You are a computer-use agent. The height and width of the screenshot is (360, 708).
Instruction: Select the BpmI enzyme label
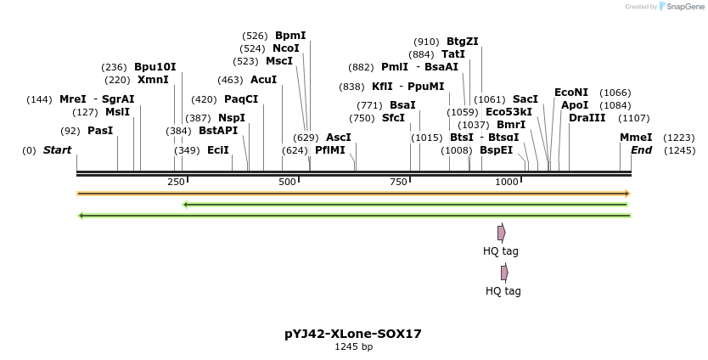point(290,36)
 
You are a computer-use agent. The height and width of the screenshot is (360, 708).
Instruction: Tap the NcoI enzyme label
point(286,48)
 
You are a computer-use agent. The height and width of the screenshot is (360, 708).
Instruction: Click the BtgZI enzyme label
point(463,42)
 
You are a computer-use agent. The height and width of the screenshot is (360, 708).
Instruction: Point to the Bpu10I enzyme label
point(155,67)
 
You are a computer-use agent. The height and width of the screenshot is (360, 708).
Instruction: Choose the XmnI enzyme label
point(153,80)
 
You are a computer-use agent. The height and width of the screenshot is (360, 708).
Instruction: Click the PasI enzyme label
point(100,131)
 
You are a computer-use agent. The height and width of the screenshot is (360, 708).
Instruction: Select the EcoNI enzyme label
point(570,93)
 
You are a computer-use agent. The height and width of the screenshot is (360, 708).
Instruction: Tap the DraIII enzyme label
point(587,118)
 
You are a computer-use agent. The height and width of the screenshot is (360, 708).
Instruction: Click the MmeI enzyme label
point(636,138)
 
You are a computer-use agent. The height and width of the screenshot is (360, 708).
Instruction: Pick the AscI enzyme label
point(338,138)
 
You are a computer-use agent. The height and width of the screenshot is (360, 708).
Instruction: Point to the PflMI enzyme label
point(330,150)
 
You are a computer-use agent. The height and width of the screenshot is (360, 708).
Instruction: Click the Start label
point(57,150)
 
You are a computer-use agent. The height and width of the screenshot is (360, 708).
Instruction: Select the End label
point(641,150)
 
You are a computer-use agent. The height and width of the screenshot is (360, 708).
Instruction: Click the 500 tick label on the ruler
point(287,182)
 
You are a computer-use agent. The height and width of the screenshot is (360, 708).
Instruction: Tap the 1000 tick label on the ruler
point(507,182)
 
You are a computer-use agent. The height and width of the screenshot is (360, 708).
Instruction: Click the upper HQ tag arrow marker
point(502,233)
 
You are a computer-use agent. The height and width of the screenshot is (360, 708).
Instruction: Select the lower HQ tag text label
point(503,291)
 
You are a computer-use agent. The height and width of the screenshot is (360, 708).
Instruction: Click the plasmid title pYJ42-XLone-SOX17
point(353,334)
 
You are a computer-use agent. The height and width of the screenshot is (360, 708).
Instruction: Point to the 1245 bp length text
point(353,347)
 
